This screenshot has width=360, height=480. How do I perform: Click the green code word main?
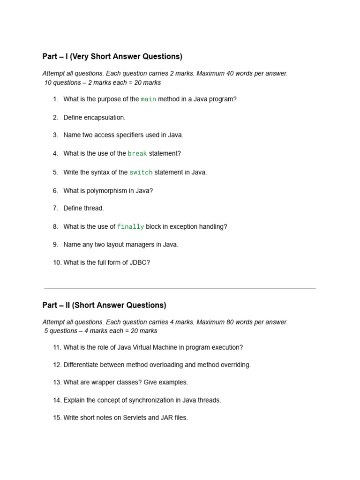click(x=149, y=99)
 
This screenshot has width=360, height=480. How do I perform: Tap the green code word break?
click(x=137, y=154)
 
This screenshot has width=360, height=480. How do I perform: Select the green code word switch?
click(x=141, y=172)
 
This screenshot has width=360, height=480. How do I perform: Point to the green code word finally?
click(x=130, y=227)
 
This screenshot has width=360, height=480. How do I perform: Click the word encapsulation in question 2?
click(x=105, y=117)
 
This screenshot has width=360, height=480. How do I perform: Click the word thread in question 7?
click(x=94, y=208)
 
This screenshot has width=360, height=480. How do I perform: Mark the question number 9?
click(x=55, y=245)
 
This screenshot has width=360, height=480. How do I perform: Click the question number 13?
click(x=57, y=382)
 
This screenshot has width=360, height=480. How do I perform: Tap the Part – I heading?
click(x=112, y=57)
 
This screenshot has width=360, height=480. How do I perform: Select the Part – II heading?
click(x=104, y=305)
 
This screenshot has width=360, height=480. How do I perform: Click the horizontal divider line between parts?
click(x=180, y=289)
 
